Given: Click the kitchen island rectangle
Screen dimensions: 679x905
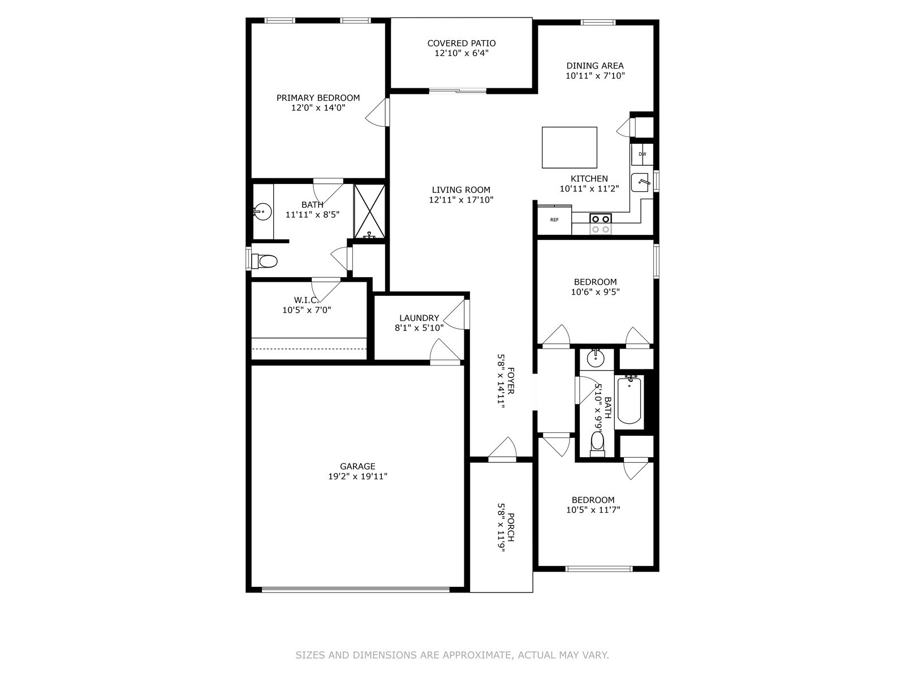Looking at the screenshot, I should click(569, 148).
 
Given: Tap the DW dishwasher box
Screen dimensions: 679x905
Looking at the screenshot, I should click(642, 154).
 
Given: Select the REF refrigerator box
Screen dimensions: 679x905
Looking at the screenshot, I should click(554, 220).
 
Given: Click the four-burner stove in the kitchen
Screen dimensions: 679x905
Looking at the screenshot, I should click(600, 224).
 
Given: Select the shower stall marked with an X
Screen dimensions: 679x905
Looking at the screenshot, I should click(369, 210).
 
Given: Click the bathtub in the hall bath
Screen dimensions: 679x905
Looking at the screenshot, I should click(629, 401).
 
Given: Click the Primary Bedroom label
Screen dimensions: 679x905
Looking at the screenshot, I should click(318, 98).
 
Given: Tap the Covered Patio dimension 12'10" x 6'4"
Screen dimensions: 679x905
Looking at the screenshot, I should click(461, 53).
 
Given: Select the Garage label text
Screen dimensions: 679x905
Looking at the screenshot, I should click(357, 466).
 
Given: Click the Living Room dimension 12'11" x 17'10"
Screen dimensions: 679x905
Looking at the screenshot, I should click(461, 200).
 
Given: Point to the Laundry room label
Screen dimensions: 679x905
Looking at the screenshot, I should click(419, 318).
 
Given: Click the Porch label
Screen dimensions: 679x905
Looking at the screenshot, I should click(510, 527).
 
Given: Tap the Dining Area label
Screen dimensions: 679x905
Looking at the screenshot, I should click(595, 66).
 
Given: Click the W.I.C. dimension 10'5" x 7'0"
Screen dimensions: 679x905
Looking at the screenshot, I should click(307, 310).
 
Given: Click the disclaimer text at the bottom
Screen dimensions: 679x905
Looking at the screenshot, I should click(452, 655).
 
